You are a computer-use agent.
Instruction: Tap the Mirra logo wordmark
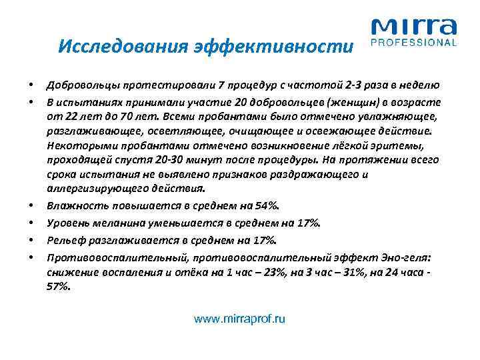pos(413,27)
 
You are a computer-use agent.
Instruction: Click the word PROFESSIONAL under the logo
pos(413,43)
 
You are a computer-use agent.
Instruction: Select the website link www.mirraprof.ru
pos(239,319)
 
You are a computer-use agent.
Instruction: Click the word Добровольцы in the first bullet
pos(79,85)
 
